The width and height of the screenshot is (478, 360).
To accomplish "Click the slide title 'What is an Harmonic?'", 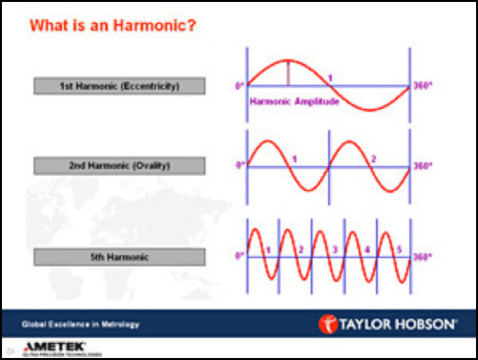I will coord(113,23).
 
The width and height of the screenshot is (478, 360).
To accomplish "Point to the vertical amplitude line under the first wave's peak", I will coord(288,74).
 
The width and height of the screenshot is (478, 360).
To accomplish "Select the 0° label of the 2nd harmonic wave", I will coord(241,166).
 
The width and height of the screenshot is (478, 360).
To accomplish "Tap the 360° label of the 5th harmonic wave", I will coord(421,257).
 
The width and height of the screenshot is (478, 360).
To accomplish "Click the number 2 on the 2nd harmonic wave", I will coord(373,159).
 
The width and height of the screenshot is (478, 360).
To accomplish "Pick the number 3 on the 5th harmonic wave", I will coord(334,250).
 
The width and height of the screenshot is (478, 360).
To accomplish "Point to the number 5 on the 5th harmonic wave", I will coord(399,250).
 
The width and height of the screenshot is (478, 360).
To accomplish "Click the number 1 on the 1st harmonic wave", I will coord(330,77).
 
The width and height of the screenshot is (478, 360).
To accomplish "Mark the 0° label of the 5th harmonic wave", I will coord(241,257).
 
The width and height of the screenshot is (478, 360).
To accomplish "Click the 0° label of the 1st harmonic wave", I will coord(241,86).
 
